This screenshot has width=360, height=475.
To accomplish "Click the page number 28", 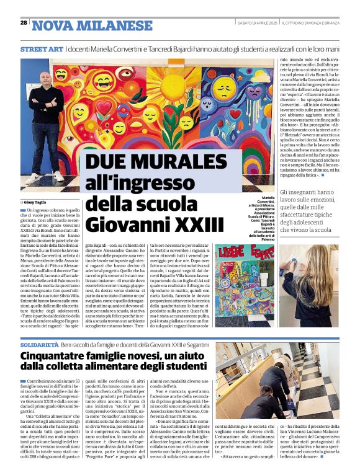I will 24,22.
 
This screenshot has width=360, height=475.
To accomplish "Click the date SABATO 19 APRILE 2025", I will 257,23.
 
